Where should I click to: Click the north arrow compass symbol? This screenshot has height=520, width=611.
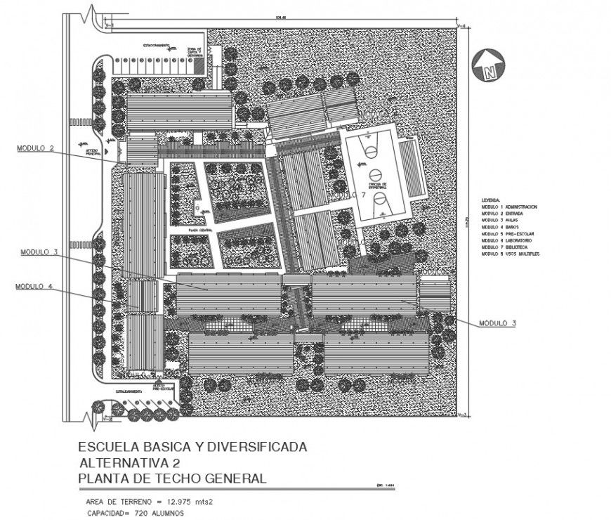coord(488,66)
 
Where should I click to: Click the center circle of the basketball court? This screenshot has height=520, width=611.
coord(374,173)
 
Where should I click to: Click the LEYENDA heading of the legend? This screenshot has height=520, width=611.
coord(491,200)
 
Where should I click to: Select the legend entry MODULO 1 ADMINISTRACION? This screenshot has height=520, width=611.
coord(509,207)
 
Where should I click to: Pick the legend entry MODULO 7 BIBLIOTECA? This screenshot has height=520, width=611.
coord(506,247)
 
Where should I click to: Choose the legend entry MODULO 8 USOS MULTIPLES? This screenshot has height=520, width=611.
coord(510,254)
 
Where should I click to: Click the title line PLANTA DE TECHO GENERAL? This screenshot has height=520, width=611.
coord(172,479)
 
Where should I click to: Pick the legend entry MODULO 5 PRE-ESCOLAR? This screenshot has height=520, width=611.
coord(508,233)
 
